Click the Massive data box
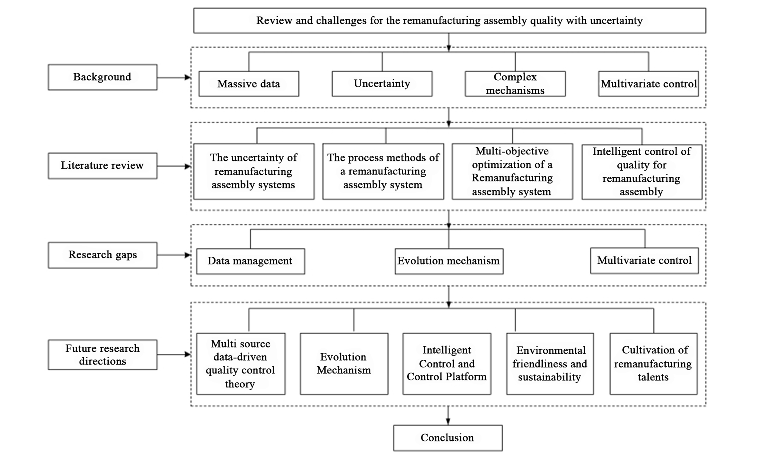[x=249, y=84]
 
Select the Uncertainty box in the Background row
[x=382, y=84]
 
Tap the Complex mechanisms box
[x=515, y=84]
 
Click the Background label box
[x=103, y=77]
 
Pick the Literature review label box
[x=103, y=166]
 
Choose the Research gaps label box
[x=103, y=255]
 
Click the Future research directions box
[x=103, y=354]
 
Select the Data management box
[x=250, y=261]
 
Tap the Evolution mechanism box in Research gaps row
[x=449, y=261]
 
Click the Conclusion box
[x=448, y=438]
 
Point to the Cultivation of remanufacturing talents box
[x=654, y=364]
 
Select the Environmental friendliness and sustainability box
[x=550, y=364]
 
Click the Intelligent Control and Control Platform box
[x=446, y=364]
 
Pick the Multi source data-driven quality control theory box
[x=241, y=364]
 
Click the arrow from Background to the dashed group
[x=174, y=77]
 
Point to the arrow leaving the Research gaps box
[x=174, y=255]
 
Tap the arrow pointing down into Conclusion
[x=448, y=415]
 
